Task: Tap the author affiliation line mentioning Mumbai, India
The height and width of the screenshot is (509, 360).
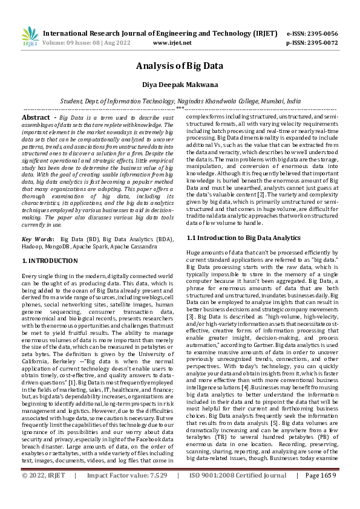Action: pos(180,102)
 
